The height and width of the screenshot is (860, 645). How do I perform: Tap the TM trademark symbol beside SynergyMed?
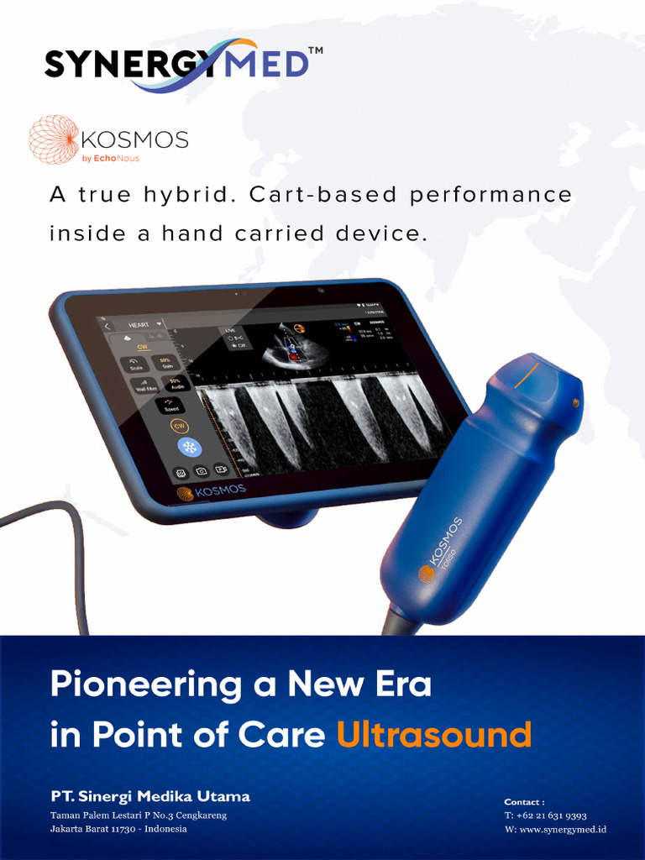[x=315, y=51]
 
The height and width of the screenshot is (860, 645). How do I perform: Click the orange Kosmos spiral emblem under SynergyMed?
[x=54, y=139]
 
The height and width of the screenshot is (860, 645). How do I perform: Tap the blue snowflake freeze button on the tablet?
[x=188, y=447]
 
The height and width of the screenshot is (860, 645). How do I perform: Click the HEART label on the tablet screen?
[x=138, y=324]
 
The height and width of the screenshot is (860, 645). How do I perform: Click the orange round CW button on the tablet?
[x=179, y=426]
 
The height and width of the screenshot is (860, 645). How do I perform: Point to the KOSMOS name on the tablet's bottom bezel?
[x=221, y=490]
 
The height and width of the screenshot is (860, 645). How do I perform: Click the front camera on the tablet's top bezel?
[x=320, y=291]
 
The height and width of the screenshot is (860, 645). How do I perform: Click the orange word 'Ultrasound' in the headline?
[x=433, y=735]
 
